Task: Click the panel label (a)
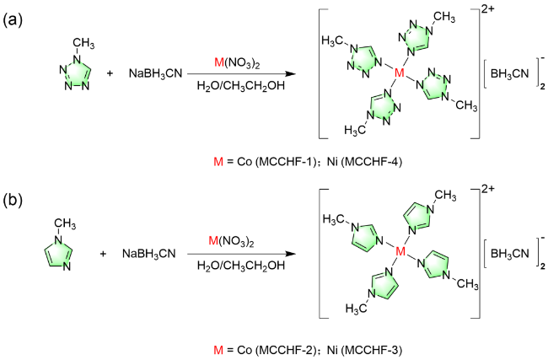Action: pos(14,18)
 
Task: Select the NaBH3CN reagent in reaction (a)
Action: pos(158,74)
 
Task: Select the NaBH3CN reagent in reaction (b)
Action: pos(158,254)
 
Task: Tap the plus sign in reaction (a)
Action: pos(110,74)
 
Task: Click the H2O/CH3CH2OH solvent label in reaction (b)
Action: pos(240,266)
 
